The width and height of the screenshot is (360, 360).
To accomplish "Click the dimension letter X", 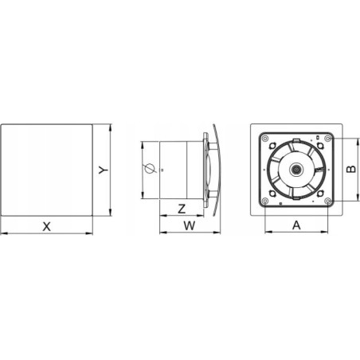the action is click(x=47, y=227).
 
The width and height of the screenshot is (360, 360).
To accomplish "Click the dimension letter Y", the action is click(x=104, y=170).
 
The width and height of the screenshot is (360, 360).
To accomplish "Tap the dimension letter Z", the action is click(x=182, y=209).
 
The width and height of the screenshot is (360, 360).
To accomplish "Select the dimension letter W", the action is click(x=190, y=225).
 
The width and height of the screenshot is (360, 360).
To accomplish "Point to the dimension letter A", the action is click(x=296, y=225).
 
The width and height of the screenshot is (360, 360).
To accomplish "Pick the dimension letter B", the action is click(x=351, y=169).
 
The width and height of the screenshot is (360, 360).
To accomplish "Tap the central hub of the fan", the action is click(x=295, y=169).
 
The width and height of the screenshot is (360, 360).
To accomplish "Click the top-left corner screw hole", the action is click(x=264, y=138).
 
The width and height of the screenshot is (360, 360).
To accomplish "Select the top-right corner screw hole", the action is click(x=328, y=138).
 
